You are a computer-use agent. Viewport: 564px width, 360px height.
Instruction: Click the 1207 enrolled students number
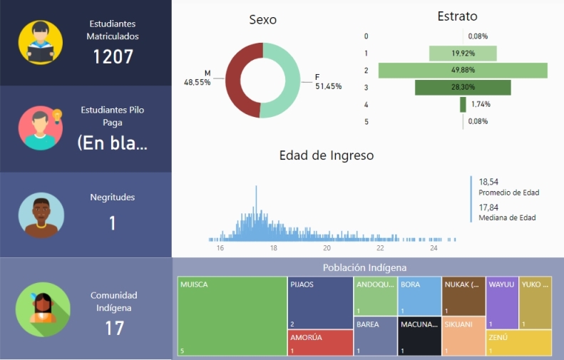113,56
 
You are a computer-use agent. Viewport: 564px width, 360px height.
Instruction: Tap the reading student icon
40,43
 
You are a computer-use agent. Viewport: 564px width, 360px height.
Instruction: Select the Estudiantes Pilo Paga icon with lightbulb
41,128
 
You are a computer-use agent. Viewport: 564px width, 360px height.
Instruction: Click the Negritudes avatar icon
41,215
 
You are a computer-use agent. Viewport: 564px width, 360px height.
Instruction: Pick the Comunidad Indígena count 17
114,328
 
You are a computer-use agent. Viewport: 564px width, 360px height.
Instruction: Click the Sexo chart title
262,20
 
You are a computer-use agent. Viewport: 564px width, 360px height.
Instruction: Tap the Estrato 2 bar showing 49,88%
463,71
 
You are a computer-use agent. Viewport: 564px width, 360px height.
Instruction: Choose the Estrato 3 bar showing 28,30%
463,87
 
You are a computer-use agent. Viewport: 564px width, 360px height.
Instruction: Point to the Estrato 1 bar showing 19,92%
463,53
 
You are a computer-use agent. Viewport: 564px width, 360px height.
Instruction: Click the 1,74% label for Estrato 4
480,104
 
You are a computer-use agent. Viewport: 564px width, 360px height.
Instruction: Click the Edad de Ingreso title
326,155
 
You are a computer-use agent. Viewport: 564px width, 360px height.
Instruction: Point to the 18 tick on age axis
273,249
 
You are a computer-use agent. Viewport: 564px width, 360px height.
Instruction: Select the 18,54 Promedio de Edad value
488,182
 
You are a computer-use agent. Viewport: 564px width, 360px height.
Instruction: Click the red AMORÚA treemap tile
321,342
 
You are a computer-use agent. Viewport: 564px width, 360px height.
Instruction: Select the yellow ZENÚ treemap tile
518,343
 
